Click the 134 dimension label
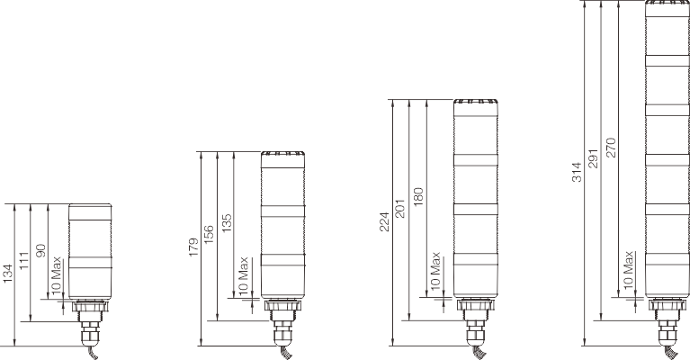pos(8,272)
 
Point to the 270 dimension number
pos(611,143)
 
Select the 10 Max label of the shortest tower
pos(58,274)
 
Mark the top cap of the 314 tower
pos(667,7)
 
